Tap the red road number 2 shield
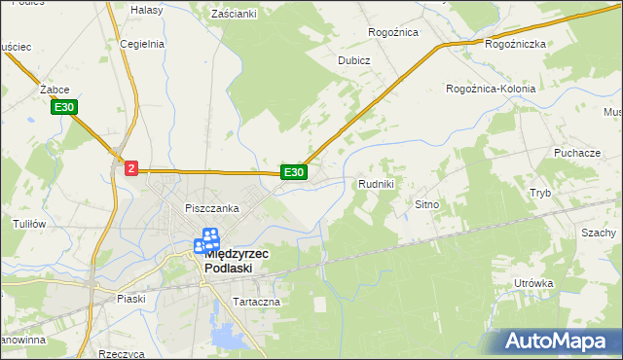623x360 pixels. (x=131, y=168)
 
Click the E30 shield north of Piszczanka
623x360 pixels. (x=294, y=172)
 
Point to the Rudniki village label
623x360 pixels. (x=376, y=184)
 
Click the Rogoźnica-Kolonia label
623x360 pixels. (x=492, y=89)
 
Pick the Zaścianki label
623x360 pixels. (x=234, y=14)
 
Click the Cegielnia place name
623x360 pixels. (x=142, y=44)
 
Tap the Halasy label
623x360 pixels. (x=146, y=9)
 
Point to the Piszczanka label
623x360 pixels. (x=212, y=208)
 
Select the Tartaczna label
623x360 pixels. (x=256, y=302)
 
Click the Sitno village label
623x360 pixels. (x=428, y=205)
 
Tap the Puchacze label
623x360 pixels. (x=576, y=153)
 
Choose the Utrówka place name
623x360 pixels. (x=534, y=283)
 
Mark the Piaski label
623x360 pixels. (x=130, y=299)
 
